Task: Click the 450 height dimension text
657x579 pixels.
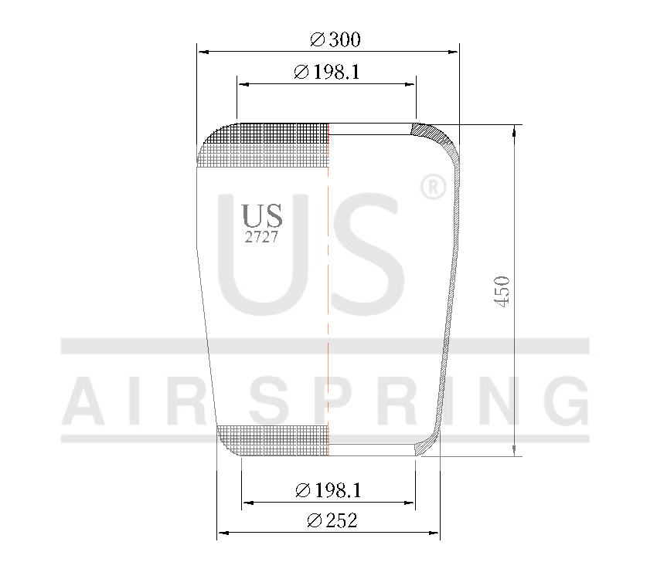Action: [502, 291]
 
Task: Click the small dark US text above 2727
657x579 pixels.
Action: [262, 215]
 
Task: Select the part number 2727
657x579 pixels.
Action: [261, 238]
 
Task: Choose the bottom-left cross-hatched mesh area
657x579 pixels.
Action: [274, 438]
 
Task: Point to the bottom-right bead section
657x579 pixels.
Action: [424, 445]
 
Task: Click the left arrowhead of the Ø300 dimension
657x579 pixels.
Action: [203, 52]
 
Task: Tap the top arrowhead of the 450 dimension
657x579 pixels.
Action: [514, 130]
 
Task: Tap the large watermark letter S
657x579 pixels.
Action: [359, 255]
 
